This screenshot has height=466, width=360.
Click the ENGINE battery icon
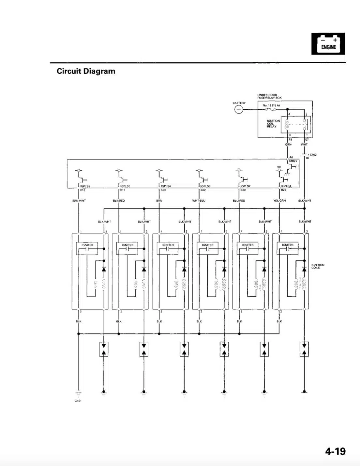pos(328,43)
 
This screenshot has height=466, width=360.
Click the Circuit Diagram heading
pos(86,71)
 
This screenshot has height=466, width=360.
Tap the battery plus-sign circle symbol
pos(239,109)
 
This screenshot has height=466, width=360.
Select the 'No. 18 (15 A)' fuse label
pos(271,105)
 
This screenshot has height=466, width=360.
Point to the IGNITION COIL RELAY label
pos(273,123)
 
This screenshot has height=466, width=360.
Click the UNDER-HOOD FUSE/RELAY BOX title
pos(269,96)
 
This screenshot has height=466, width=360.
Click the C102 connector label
pos(313,155)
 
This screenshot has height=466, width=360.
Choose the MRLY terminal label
pos(293,161)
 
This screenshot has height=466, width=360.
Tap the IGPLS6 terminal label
pos(85,186)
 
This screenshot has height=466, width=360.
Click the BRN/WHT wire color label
pos(79,201)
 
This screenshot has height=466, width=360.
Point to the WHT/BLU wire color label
pos(199,201)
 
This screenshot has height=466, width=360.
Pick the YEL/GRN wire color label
pos(279,201)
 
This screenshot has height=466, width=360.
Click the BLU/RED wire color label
pos(239,201)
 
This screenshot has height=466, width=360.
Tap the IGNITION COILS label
pos(318,266)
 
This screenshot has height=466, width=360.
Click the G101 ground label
pos(78,400)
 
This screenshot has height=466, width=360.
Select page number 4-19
pos(335,451)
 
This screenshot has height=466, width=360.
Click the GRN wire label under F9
pos(288,144)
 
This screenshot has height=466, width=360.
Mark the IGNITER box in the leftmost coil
pos(87,245)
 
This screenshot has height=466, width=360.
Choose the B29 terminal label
pos(284,190)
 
